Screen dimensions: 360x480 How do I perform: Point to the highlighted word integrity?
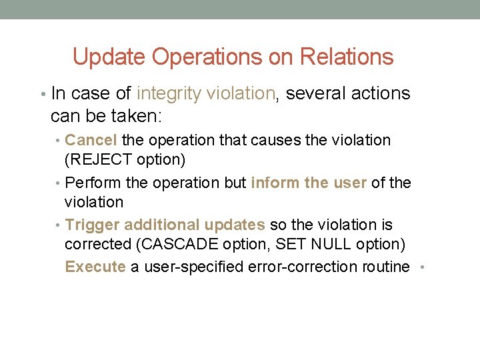click(x=169, y=94)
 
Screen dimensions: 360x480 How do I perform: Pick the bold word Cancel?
click(x=91, y=141)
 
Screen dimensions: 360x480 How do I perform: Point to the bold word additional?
click(x=162, y=225)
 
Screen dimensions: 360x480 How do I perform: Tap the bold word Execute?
click(x=95, y=267)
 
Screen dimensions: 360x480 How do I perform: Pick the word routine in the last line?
click(x=385, y=267)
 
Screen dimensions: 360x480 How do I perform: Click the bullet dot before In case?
click(x=43, y=95)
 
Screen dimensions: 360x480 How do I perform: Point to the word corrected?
click(x=98, y=245)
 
